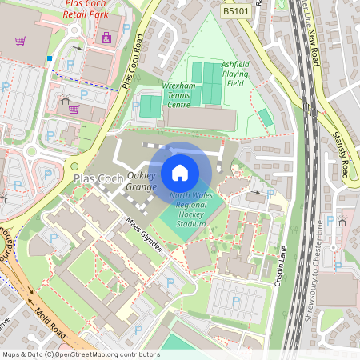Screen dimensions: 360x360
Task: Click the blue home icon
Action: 180,172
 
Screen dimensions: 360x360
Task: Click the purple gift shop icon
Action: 106,36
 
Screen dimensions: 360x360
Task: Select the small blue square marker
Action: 50,58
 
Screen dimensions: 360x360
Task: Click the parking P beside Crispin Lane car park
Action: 236,302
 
